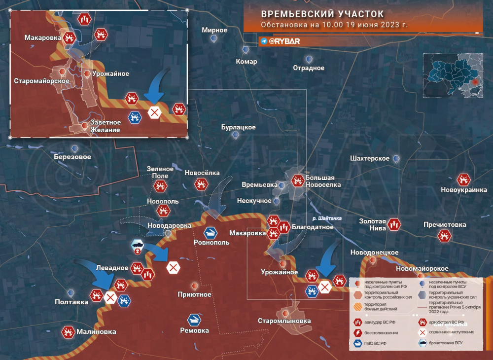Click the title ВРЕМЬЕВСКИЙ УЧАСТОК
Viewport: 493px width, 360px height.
point(322,13)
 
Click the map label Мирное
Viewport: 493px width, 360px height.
point(214,30)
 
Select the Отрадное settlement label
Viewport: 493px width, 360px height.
point(309,68)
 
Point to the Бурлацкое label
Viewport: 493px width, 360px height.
point(238,127)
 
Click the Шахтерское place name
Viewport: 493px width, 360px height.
point(369,158)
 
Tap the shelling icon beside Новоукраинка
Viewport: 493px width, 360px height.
point(463,180)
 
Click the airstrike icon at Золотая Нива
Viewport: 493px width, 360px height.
point(393,224)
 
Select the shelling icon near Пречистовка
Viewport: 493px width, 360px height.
point(445,236)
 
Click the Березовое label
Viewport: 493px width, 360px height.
point(72,157)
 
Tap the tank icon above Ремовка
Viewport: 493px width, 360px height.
point(194,320)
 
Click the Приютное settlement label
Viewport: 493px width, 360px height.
point(194,294)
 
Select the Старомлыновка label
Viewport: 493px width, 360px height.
point(284,321)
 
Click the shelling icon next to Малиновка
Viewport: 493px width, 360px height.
point(67,332)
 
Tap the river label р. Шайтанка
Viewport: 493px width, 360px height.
point(326,218)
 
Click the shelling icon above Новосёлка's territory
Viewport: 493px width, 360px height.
point(201,184)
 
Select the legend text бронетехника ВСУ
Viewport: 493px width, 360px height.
point(452,343)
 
